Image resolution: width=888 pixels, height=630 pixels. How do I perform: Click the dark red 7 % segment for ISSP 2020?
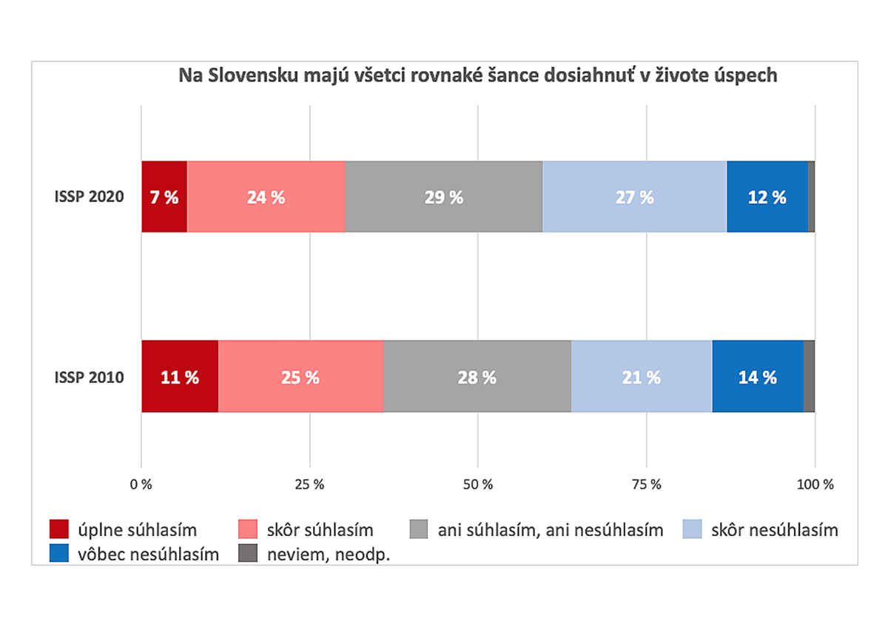[164, 197]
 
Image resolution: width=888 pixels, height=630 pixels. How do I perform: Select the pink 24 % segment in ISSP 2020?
[266, 197]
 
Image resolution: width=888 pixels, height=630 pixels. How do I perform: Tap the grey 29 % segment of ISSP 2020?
[443, 197]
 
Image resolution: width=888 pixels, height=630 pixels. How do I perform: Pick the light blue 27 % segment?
[634, 197]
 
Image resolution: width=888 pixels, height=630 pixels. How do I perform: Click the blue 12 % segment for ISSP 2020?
[767, 197]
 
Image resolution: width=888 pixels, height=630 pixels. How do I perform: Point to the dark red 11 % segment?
[180, 377]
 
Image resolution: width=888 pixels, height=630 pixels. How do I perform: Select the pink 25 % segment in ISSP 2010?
[300, 377]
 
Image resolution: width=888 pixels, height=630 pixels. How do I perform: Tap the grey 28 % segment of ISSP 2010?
[477, 377]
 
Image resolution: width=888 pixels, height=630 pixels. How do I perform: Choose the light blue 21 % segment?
[642, 377]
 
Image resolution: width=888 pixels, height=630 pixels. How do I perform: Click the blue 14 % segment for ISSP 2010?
[757, 377]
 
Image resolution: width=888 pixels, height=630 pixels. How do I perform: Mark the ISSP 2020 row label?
[89, 198]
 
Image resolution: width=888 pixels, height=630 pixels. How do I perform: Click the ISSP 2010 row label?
[89, 378]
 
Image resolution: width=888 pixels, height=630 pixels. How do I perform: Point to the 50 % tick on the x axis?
[478, 485]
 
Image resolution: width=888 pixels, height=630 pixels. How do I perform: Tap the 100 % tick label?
[815, 485]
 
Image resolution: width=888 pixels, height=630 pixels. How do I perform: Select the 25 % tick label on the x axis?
[310, 485]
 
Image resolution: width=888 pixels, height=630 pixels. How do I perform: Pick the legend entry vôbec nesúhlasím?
[149, 554]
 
